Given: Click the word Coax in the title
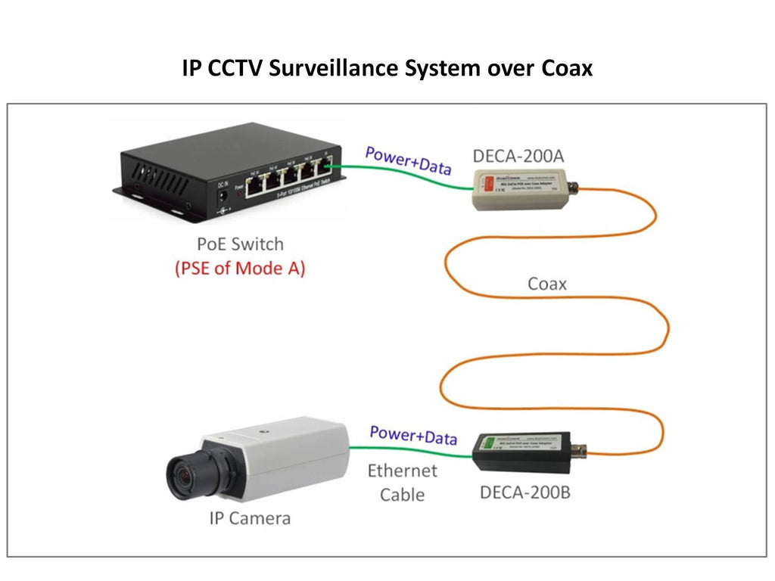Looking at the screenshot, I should [x=566, y=69].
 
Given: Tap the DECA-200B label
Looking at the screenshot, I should [x=525, y=493].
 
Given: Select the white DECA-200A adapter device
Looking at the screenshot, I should [x=515, y=189].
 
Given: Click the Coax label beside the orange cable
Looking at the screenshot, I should [x=547, y=284].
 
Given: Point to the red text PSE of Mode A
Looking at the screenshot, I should [x=239, y=269].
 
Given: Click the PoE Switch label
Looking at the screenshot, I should [x=240, y=244].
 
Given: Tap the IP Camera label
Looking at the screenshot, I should [x=250, y=518].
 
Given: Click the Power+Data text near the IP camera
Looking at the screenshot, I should [x=413, y=436].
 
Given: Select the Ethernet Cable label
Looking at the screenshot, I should [x=403, y=483].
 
